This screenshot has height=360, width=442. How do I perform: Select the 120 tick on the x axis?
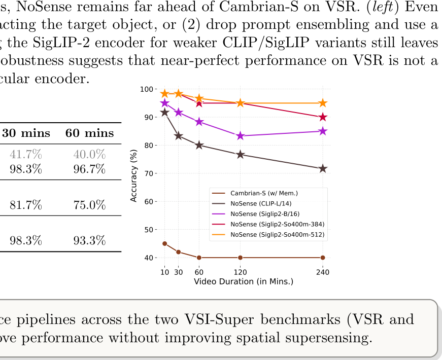[240, 272]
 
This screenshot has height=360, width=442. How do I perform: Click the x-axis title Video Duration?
[244, 281]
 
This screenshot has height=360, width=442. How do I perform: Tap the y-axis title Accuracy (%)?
[134, 175]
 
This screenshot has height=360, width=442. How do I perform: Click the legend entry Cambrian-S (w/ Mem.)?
[264, 193]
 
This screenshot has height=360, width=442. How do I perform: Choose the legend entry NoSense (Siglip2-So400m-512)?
[277, 235]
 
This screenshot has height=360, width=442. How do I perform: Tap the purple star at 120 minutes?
[240, 136]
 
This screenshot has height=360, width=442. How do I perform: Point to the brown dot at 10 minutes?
[164, 243]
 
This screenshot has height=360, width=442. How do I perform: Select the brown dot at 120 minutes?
[240, 258]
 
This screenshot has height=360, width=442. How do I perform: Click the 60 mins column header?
[89, 133]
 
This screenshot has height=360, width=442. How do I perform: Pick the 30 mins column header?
[26, 133]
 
